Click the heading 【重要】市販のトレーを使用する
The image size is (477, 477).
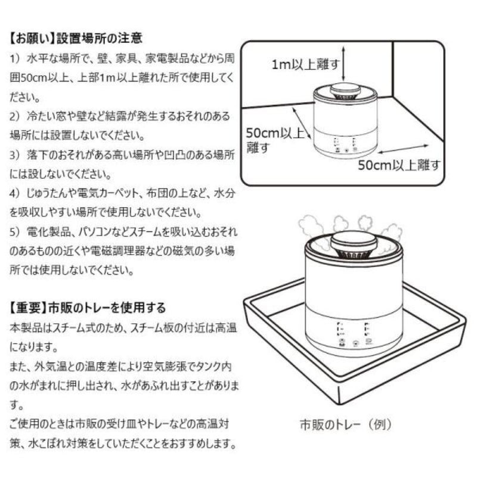pyautogui.click(x=88, y=308)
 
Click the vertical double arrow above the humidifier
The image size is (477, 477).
pyautogui.click(x=346, y=66)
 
